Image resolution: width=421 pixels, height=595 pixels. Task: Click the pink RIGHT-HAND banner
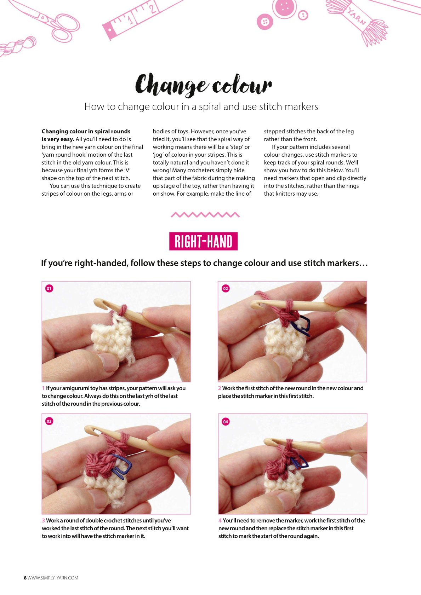[x=204, y=241]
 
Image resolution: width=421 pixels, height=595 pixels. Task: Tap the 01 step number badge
[x=49, y=288]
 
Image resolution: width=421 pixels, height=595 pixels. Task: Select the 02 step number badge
[x=226, y=288]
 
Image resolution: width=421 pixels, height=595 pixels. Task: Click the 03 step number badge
[x=49, y=421]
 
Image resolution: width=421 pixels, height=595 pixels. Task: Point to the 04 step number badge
[x=226, y=422]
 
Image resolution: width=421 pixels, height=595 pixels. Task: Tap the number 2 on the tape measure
[x=152, y=8]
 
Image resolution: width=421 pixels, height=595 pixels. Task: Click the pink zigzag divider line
[x=205, y=215]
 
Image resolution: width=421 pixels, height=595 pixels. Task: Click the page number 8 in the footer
[x=25, y=578]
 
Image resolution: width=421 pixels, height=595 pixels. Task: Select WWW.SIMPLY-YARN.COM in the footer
[x=53, y=578]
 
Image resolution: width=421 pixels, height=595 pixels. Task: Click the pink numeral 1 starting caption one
[x=43, y=388]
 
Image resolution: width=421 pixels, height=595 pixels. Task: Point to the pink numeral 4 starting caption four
[x=220, y=520]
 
